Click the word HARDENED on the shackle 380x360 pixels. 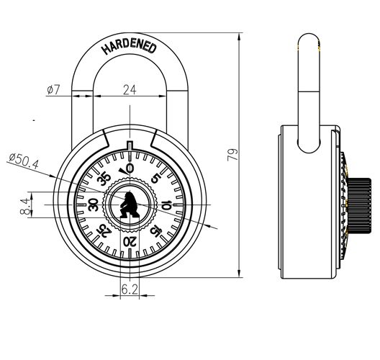pyautogui.click(x=129, y=45)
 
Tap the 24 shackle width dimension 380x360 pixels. pyautogui.click(x=130, y=89)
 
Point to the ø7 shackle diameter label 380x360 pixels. pyautogui.click(x=53, y=89)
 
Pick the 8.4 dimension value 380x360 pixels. pyautogui.click(x=25, y=207)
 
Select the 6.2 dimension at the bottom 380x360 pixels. pyautogui.click(x=130, y=289)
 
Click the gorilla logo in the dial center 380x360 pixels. pyautogui.click(x=129, y=206)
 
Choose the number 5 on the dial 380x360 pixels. pyautogui.click(x=156, y=179)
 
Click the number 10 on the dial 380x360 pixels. pyautogui.click(x=167, y=206)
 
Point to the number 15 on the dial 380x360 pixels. pyautogui.click(x=156, y=232)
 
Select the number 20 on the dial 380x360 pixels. pyautogui.click(x=130, y=243)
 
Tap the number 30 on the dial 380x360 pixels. pyautogui.click(x=92, y=206)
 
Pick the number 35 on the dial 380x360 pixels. pyautogui.click(x=103, y=179)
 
